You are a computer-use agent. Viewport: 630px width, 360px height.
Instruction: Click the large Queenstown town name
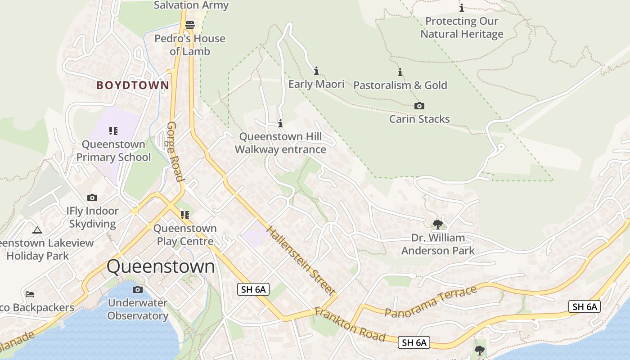pos(161,266)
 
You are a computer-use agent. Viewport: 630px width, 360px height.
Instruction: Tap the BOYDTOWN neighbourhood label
pos(133,85)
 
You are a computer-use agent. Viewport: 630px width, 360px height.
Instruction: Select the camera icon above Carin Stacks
pos(419,106)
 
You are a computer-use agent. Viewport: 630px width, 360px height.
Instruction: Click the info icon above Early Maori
pos(316,71)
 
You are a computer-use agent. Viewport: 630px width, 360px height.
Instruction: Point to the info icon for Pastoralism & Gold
pos(400,72)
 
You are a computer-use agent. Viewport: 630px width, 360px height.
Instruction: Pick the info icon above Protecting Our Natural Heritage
pos(462,8)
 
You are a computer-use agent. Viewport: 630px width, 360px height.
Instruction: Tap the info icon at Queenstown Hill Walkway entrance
pos(280,123)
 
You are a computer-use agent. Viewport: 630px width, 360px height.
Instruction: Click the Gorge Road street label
pos(176,151)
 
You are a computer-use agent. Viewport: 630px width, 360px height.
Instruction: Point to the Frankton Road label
pos(350,324)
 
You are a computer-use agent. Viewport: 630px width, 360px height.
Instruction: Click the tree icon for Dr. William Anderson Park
pos(437,224)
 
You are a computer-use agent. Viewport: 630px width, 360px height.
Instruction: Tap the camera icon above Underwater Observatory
pos(138,289)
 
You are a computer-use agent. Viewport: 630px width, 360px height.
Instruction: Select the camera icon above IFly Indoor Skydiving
pos(92,198)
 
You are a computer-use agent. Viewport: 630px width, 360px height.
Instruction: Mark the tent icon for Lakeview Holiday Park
pos(37,230)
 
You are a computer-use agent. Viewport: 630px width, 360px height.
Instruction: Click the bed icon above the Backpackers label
pos(30,294)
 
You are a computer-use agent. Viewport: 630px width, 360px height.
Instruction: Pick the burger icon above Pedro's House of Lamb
pos(190,25)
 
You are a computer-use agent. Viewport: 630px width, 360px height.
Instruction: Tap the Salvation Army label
pos(191,5)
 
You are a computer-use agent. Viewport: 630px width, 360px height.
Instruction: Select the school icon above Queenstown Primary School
pos(113,131)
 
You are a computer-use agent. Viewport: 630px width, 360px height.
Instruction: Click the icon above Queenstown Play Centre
pos(185,215)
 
